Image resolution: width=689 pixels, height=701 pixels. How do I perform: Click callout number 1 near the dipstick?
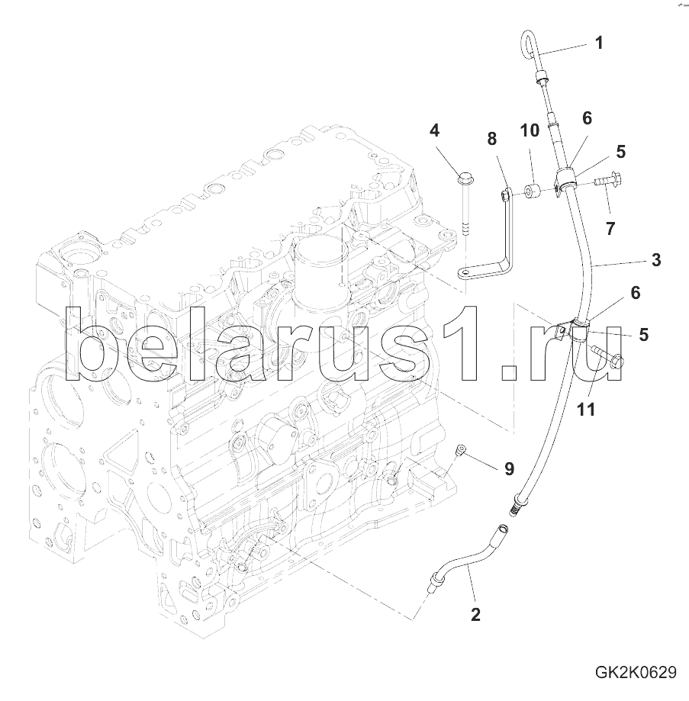coord(599,43)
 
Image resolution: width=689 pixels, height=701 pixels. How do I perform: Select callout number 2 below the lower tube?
coord(475,615)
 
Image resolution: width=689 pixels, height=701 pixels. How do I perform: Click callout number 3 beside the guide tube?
coord(656,260)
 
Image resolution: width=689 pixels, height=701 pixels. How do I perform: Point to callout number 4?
coord(434,130)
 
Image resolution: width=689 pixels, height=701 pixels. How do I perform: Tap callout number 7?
coord(610,228)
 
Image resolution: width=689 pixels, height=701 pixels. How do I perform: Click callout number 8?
coord(492,139)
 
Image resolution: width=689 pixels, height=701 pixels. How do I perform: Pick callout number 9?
coord(509,468)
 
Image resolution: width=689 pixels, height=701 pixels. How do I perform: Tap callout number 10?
coord(530,130)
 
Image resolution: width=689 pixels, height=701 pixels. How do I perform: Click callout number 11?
coord(586,409)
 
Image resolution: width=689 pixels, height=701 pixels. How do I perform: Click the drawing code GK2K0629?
coord(636,672)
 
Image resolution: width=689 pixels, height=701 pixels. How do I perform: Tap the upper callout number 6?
coord(587,118)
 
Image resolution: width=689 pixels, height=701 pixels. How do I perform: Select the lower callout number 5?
coord(643,334)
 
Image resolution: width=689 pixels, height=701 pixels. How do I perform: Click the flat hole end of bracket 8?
coord(465,272)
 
